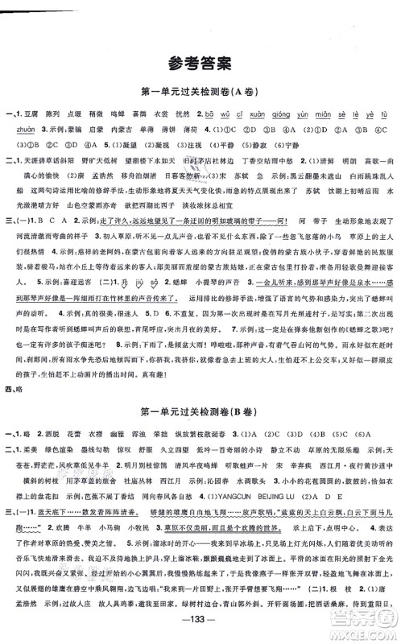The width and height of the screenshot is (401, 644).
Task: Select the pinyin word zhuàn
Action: (19, 128)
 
